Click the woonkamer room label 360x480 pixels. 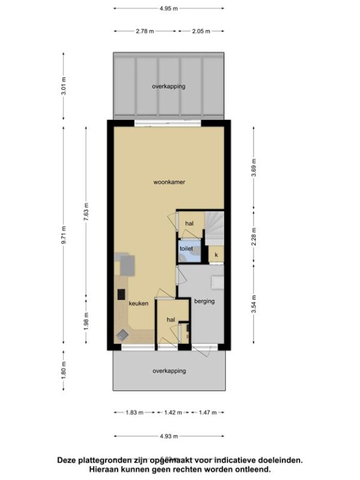pyautogui.click(x=169, y=182)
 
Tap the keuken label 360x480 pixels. pyautogui.click(x=139, y=304)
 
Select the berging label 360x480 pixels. pyautogui.click(x=205, y=301)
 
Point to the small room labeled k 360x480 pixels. pyautogui.click(x=216, y=254)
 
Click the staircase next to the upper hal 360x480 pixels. pyautogui.click(x=214, y=228)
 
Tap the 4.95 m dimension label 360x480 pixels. pyautogui.click(x=169, y=8)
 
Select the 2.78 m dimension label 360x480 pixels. pyautogui.click(x=145, y=31)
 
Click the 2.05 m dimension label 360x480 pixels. pyautogui.click(x=201, y=31)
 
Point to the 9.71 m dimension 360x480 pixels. pyautogui.click(x=64, y=235)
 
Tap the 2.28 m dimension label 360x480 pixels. pyautogui.click(x=253, y=236)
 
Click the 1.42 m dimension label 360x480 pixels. pyautogui.click(x=173, y=413)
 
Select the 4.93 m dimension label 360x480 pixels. pyautogui.click(x=169, y=436)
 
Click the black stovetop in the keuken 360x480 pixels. pyautogui.click(x=122, y=295)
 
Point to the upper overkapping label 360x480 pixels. pyautogui.click(x=169, y=86)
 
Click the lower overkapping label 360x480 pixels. pyautogui.click(x=169, y=371)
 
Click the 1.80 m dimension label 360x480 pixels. pyautogui.click(x=64, y=370)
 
